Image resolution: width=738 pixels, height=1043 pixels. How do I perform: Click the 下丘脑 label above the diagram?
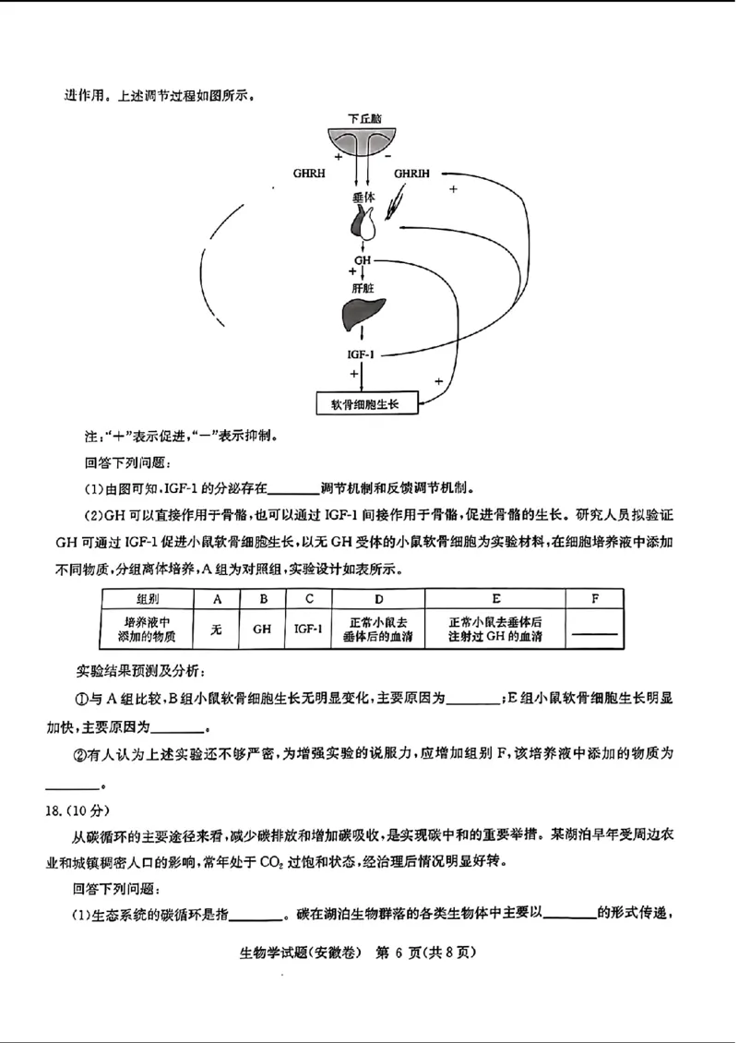pyautogui.click(x=364, y=118)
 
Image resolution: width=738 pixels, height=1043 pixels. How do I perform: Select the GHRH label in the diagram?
pyautogui.click(x=309, y=173)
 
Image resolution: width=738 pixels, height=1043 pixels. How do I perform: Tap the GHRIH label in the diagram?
pyautogui.click(x=411, y=173)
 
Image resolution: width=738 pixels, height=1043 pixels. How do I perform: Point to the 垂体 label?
pyautogui.click(x=363, y=198)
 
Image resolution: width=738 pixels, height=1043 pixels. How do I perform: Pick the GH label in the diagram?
pyautogui.click(x=362, y=261)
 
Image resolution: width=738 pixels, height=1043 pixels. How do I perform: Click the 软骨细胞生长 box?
pyautogui.click(x=366, y=403)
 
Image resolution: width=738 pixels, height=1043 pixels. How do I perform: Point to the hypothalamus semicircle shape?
pyautogui.click(x=363, y=138)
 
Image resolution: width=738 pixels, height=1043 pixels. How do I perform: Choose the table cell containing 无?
pyautogui.click(x=217, y=629)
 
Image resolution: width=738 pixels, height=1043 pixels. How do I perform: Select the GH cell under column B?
pyautogui.click(x=263, y=629)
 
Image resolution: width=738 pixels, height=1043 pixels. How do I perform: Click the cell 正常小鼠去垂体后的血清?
pyautogui.click(x=378, y=629)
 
